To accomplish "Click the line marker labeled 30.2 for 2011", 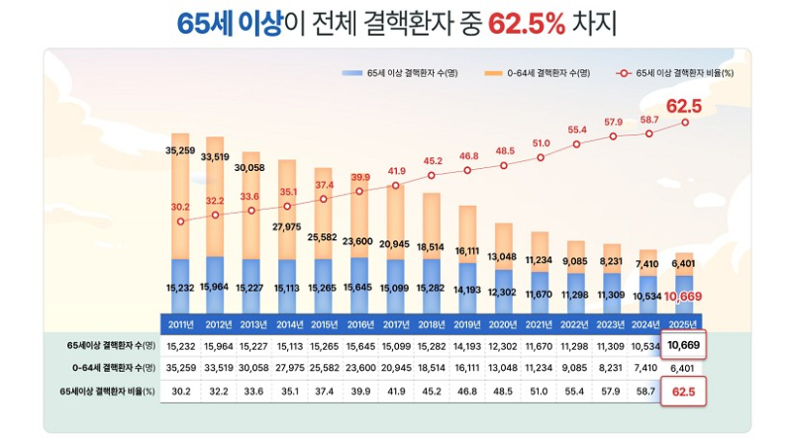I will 180,221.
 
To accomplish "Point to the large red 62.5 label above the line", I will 683,106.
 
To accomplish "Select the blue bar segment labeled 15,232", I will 180,287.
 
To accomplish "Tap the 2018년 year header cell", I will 432,324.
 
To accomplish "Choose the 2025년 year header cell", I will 683,324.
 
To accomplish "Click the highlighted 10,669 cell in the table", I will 683,344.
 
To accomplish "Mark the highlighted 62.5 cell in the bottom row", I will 683,392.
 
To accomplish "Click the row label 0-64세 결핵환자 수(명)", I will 108,368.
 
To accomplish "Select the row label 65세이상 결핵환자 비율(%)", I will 108,392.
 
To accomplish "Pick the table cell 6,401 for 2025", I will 683,368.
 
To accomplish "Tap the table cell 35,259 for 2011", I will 180,368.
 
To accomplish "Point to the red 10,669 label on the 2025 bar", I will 683,296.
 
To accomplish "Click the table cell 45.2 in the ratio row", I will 432,392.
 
